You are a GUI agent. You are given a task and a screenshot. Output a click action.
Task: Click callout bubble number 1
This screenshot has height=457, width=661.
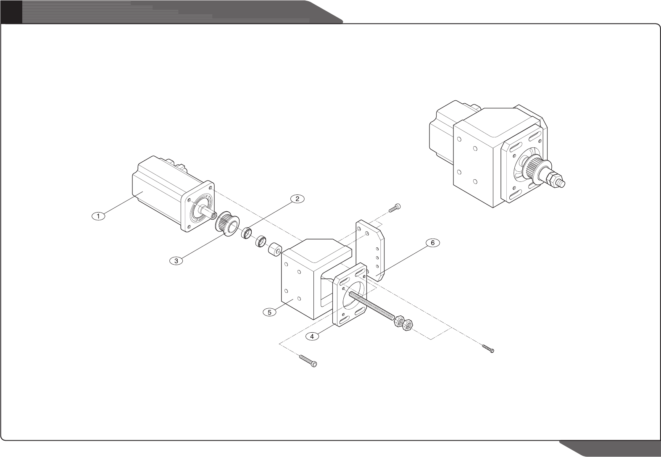click(98, 216)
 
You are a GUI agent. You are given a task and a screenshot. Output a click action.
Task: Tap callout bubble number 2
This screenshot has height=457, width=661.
click(297, 199)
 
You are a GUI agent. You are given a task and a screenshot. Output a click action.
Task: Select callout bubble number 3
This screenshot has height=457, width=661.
click(176, 261)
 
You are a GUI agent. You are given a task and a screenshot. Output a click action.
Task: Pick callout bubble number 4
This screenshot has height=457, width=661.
click(312, 336)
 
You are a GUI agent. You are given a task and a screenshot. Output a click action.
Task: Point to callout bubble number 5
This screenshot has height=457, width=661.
click(269, 312)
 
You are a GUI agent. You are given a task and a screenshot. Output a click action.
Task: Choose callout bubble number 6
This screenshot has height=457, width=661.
click(432, 243)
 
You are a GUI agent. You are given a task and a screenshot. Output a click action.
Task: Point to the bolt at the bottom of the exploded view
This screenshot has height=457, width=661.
click(308, 361)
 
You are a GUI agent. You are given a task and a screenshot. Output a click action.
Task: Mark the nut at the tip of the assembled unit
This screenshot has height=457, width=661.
click(558, 181)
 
